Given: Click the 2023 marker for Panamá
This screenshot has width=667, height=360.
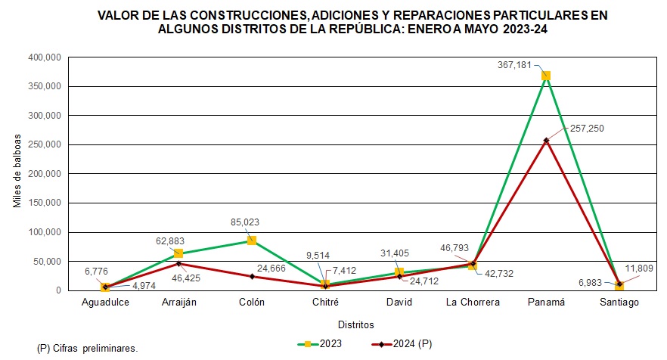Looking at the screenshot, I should (x=545, y=76).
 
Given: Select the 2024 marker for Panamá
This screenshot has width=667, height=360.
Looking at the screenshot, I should (x=545, y=140).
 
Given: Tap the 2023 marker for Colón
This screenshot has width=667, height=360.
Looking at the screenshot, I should (x=252, y=241).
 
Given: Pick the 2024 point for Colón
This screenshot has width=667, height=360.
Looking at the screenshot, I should (x=252, y=276).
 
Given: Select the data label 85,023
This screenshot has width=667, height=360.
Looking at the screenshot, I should (x=252, y=222).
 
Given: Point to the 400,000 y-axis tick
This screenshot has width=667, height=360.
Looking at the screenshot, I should (x=42, y=57).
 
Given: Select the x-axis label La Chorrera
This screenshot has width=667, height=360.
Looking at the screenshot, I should (x=472, y=303).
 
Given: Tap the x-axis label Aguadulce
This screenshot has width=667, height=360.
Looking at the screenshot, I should (x=105, y=303).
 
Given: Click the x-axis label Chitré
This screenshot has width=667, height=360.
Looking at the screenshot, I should (x=325, y=303).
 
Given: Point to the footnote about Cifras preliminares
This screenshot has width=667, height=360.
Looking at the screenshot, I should (x=88, y=349).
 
